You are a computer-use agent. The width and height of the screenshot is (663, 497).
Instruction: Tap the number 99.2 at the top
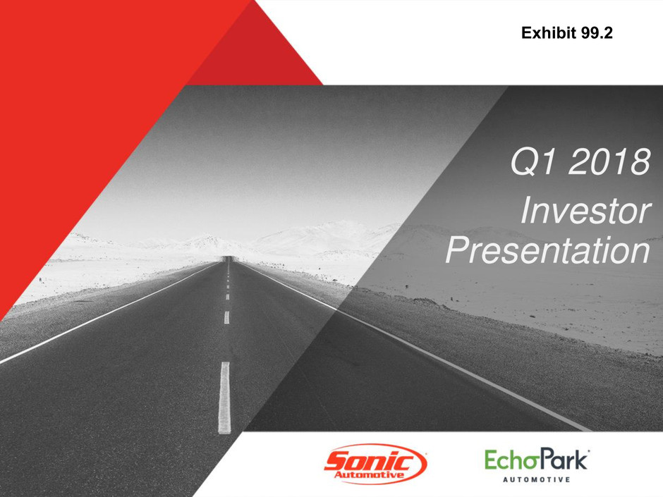click(x=597, y=32)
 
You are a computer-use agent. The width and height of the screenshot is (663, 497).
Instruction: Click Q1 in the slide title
click(x=533, y=161)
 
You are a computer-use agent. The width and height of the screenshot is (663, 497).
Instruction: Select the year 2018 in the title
click(x=609, y=161)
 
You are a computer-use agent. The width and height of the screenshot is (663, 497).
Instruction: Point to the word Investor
click(x=586, y=211)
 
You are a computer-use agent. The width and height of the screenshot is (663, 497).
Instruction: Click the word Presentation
click(x=547, y=250)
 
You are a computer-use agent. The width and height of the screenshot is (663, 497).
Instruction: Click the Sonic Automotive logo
click(x=375, y=464)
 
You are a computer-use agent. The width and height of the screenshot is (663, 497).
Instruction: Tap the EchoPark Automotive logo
click(x=537, y=465)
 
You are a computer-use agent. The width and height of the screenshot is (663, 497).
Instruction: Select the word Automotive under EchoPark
click(x=536, y=479)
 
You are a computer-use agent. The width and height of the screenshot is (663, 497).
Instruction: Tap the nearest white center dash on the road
click(x=224, y=398)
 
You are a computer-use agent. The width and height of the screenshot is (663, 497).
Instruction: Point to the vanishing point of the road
click(x=229, y=258)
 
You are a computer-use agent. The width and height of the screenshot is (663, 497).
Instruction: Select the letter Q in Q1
click(x=523, y=162)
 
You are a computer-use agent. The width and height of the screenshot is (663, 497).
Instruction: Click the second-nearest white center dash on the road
click(x=226, y=317)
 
